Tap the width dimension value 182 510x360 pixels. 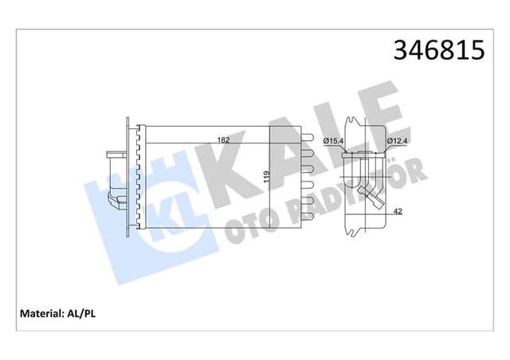point(224,141)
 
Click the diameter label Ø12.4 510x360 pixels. point(398,141)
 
